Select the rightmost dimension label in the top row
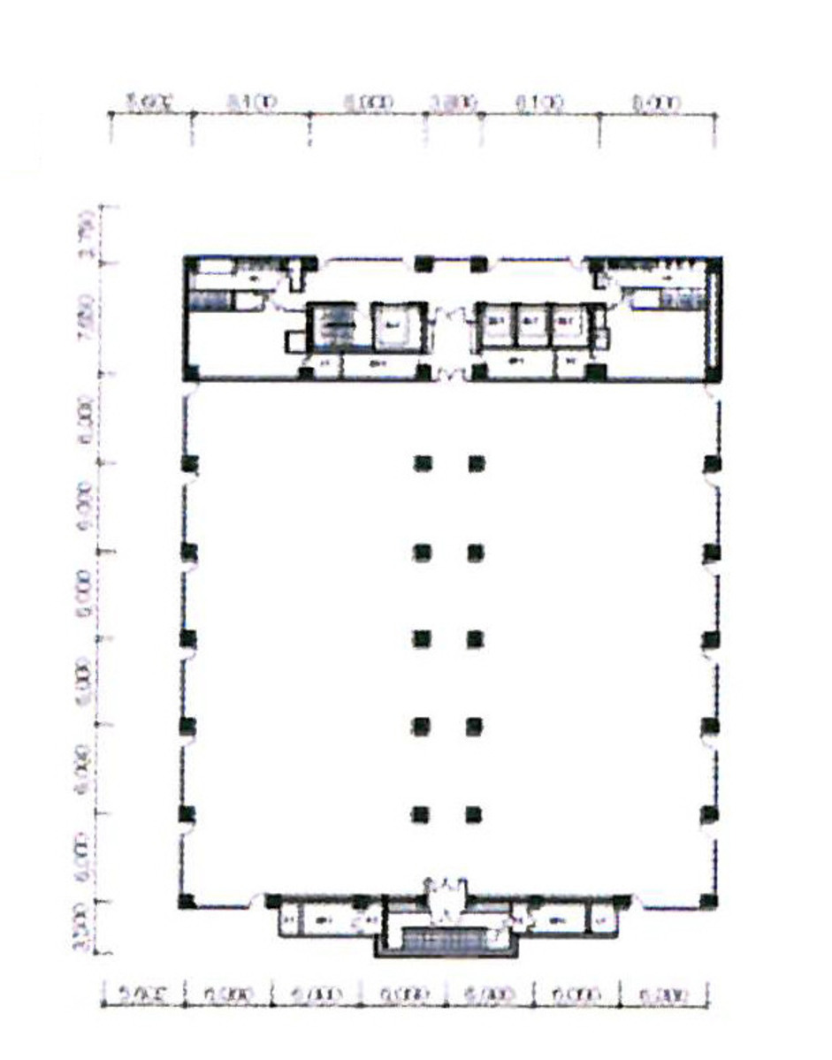[656, 103]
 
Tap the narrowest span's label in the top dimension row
[454, 103]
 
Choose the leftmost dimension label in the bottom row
[143, 995]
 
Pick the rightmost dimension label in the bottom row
[666, 995]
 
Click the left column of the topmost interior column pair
[423, 462]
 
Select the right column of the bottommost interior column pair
[475, 813]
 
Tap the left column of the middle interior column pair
[423, 637]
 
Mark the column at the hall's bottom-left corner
[186, 901]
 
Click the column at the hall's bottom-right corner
[709, 901]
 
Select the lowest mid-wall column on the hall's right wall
[709, 813]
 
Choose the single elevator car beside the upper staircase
[390, 324]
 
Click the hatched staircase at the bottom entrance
[447, 939]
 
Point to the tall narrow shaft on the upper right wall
[714, 318]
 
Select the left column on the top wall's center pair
[424, 263]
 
